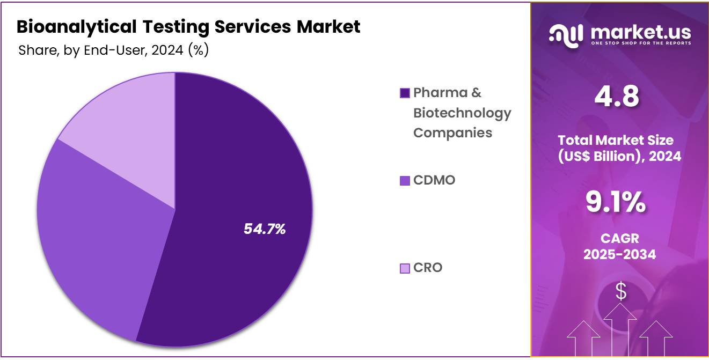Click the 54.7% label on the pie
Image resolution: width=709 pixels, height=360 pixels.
pyautogui.click(x=265, y=229)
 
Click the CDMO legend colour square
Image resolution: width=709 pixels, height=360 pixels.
pyautogui.click(x=405, y=181)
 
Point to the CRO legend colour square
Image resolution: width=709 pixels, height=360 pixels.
pyautogui.click(x=405, y=268)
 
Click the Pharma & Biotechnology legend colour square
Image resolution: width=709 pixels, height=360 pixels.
pyautogui.click(x=405, y=93)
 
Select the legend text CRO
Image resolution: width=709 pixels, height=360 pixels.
pyautogui.click(x=428, y=268)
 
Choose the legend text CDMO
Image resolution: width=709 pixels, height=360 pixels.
pyautogui.click(x=434, y=180)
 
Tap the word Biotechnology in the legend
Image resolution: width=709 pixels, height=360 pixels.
pyautogui.click(x=462, y=113)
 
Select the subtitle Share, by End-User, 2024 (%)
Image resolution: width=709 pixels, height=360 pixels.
pyautogui.click(x=113, y=50)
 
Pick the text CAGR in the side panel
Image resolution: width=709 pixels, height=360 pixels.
pyautogui.click(x=619, y=238)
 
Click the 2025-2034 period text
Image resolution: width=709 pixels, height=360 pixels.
pyautogui.click(x=619, y=254)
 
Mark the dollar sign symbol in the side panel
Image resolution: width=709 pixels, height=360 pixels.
pyautogui.click(x=621, y=291)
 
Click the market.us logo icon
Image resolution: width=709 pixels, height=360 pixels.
pyautogui.click(x=566, y=35)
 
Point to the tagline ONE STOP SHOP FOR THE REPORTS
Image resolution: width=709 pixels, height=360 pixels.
pyautogui.click(x=641, y=43)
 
